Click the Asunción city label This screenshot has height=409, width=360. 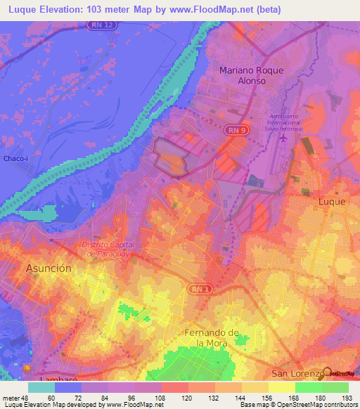pos(49,268)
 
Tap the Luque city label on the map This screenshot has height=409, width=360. pos(332,201)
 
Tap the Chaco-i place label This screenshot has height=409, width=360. pos(15,158)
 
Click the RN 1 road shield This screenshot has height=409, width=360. pos(198,288)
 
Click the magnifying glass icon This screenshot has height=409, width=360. pos(328,373)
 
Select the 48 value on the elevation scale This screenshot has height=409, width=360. pos(29,397)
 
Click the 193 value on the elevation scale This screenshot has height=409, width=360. pos(345,397)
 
